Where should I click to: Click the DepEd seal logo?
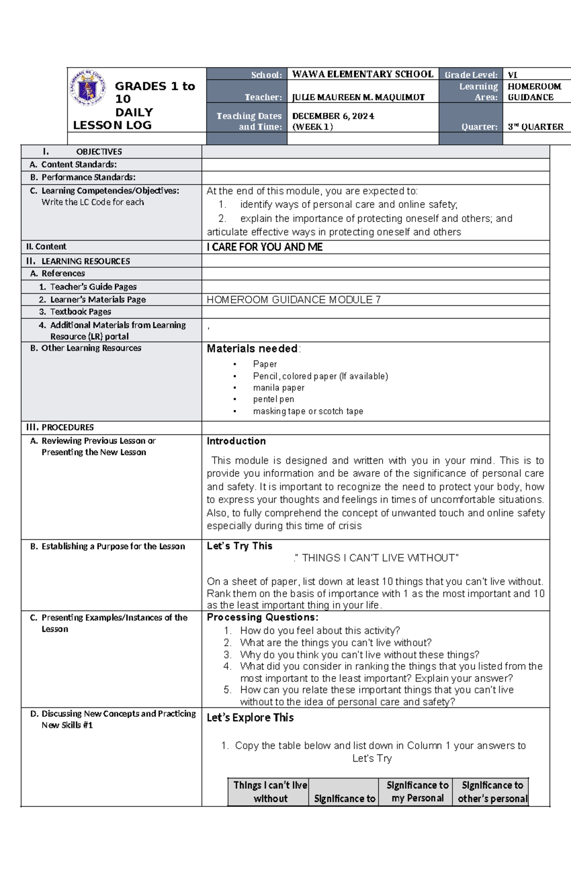(x=89, y=88)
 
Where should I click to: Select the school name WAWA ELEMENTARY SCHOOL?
(x=363, y=74)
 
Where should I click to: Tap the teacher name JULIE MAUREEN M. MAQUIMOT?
(x=358, y=97)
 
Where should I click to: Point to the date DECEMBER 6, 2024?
(x=333, y=116)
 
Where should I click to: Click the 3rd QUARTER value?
(x=535, y=127)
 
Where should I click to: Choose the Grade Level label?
(x=471, y=75)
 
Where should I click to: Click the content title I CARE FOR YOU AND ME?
(x=265, y=247)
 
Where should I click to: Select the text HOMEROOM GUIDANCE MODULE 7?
(x=294, y=300)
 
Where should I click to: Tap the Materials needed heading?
(x=253, y=349)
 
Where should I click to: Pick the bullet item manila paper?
(x=278, y=388)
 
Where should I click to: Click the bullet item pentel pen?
(x=273, y=399)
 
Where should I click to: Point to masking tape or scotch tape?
(x=308, y=411)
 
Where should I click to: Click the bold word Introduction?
(x=236, y=441)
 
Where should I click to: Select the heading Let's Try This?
(x=239, y=546)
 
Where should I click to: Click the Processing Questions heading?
(x=262, y=617)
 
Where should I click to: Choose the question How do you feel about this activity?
(x=320, y=631)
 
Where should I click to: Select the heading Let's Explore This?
(x=250, y=718)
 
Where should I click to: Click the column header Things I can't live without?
(x=270, y=792)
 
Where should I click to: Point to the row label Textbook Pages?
(x=80, y=312)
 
